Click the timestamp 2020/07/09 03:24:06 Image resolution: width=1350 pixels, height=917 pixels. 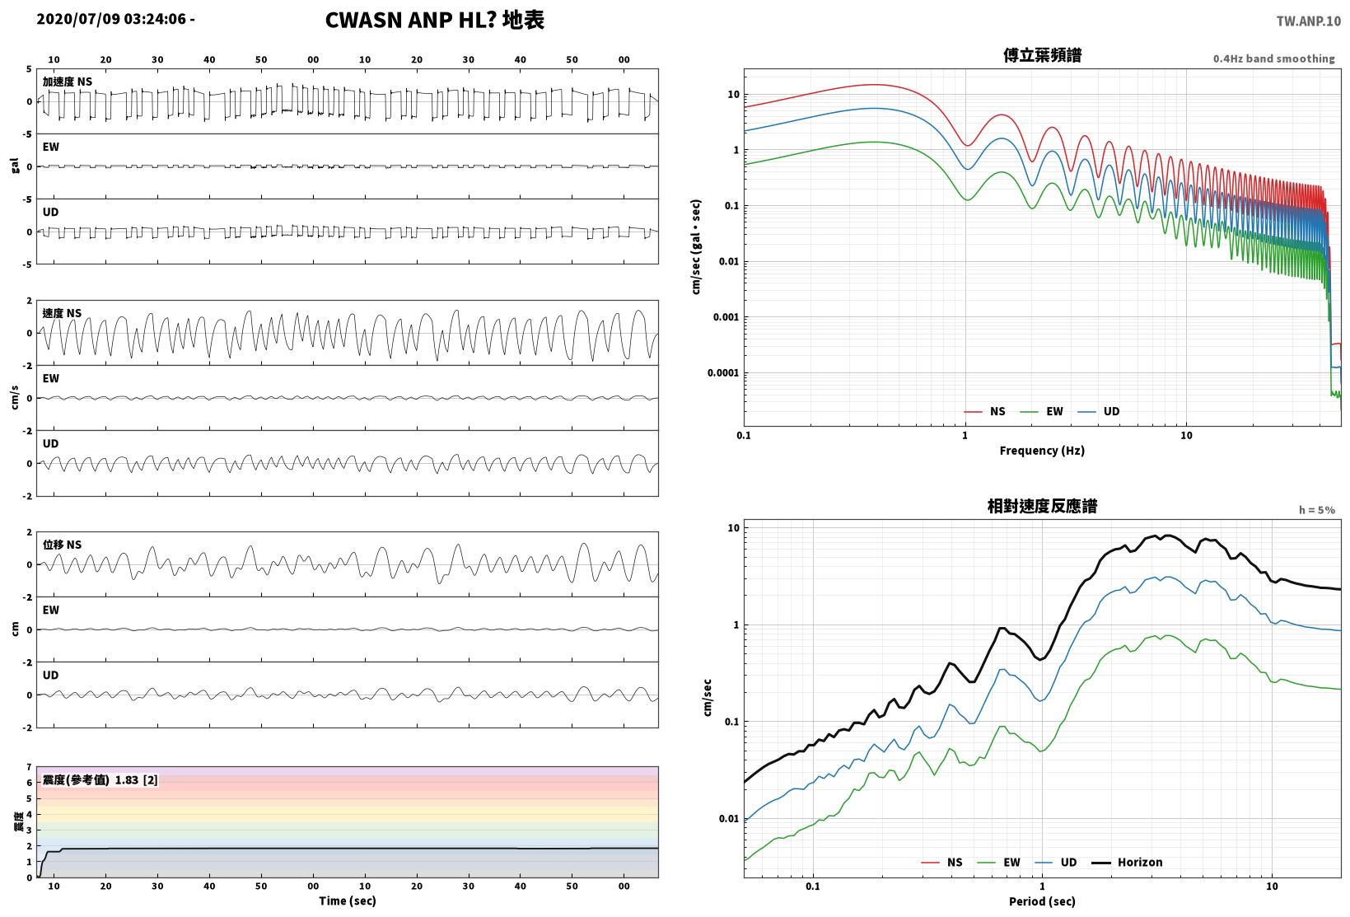(111, 19)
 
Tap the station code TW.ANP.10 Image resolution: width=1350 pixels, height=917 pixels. (1308, 21)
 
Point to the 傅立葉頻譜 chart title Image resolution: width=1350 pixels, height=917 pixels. (1042, 55)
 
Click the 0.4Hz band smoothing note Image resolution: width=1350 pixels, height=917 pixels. (1273, 58)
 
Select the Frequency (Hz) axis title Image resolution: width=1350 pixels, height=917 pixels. (1042, 451)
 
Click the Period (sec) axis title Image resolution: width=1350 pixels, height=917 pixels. (1042, 901)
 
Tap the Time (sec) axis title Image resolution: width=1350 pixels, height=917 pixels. (348, 901)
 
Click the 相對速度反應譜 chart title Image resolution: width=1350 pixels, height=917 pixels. (1042, 507)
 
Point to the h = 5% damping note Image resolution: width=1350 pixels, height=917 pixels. (1317, 510)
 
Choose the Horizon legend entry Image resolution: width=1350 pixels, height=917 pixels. (1128, 862)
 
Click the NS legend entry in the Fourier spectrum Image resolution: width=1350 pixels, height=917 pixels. (985, 411)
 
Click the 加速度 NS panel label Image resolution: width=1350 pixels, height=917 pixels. (68, 82)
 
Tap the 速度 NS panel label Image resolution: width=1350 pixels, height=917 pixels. (62, 314)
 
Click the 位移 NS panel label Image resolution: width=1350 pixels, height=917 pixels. (62, 545)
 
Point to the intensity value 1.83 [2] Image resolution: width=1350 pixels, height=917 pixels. (136, 780)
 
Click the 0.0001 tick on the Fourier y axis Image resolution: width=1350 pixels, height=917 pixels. (723, 372)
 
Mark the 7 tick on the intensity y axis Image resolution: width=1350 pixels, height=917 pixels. (29, 767)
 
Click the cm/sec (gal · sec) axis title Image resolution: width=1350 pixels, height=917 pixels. (696, 247)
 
